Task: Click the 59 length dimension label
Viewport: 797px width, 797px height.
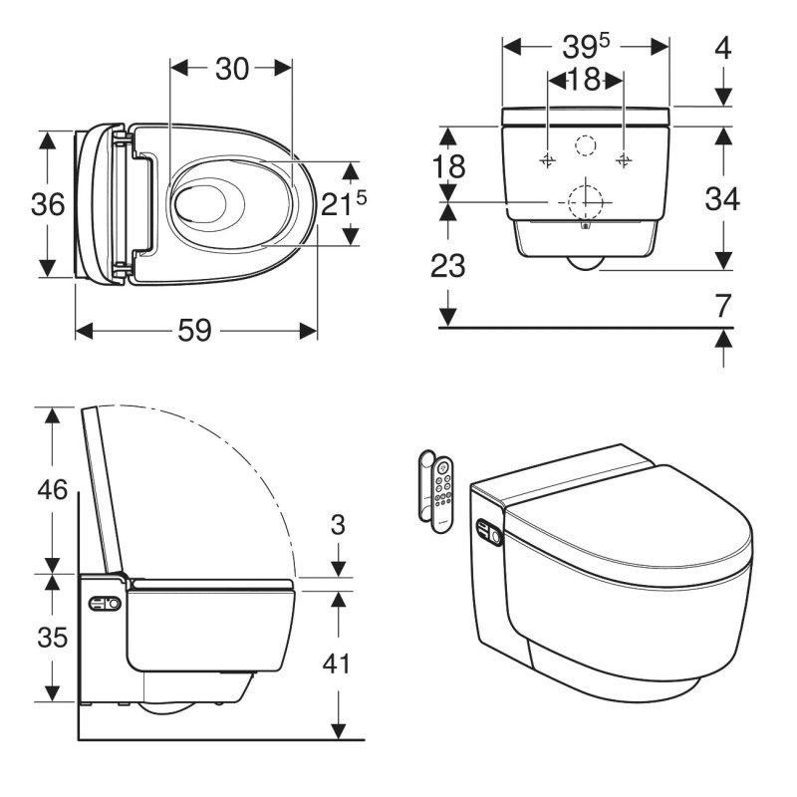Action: pos(194,331)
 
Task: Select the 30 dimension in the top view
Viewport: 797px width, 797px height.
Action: pos(232,69)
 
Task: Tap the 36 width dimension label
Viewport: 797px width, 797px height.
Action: pos(48,204)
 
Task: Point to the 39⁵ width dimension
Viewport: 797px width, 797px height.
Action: pos(586,46)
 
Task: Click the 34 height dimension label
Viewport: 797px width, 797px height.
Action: pos(721,198)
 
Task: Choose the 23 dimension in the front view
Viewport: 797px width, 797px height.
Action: pos(447,265)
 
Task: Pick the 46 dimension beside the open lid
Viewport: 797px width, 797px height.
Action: pos(53,489)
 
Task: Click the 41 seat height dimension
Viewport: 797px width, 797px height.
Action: pos(337,664)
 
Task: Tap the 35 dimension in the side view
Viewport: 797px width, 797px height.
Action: pos(53,637)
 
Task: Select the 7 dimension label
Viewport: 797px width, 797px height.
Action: pos(723,306)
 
